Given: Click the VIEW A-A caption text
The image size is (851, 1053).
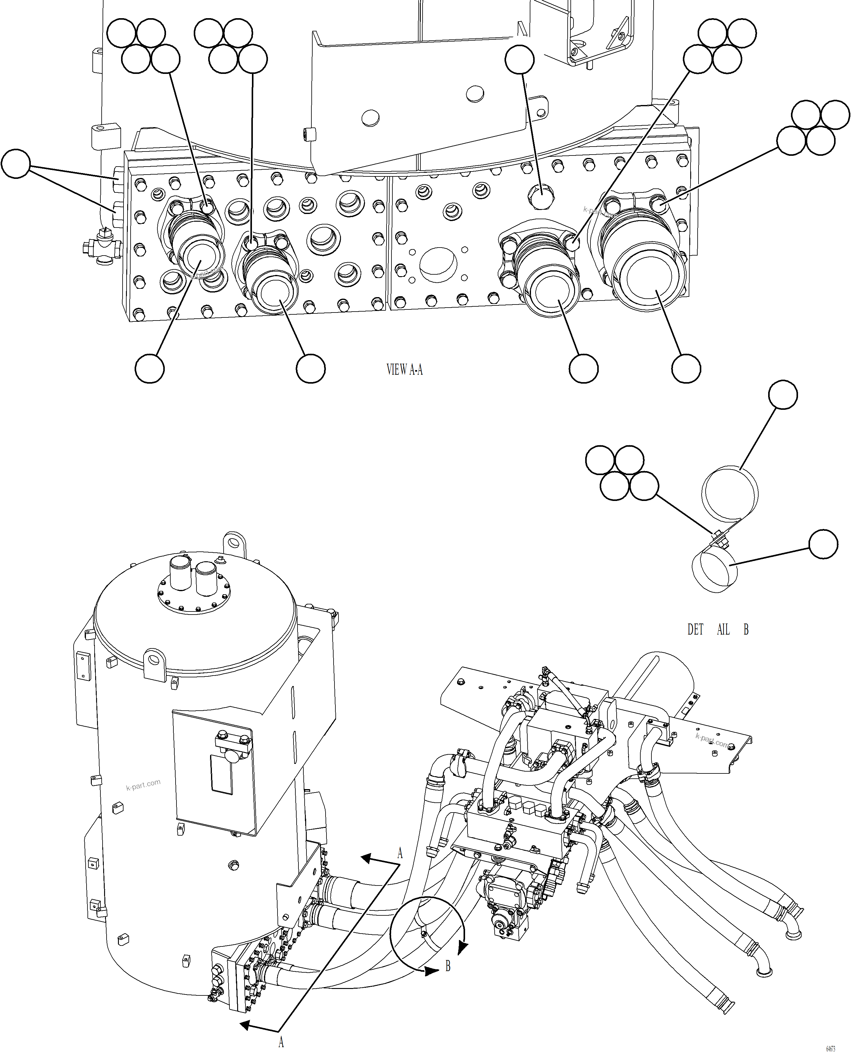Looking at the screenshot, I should pyautogui.click(x=404, y=369).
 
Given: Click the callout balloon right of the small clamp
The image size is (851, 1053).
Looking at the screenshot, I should pyautogui.click(x=823, y=544).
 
